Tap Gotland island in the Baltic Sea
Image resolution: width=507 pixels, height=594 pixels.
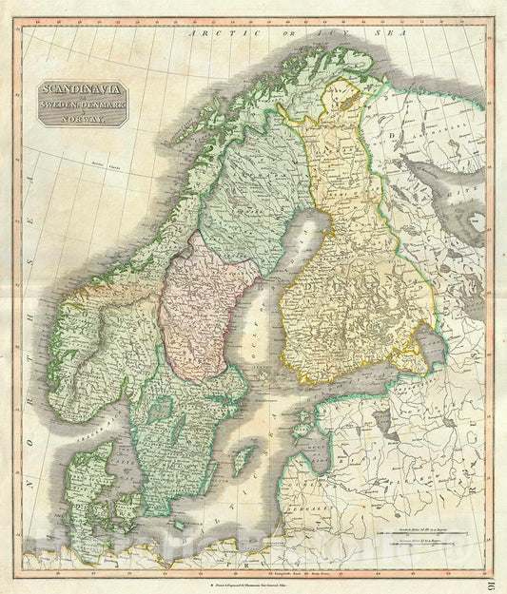coord(244,460)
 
